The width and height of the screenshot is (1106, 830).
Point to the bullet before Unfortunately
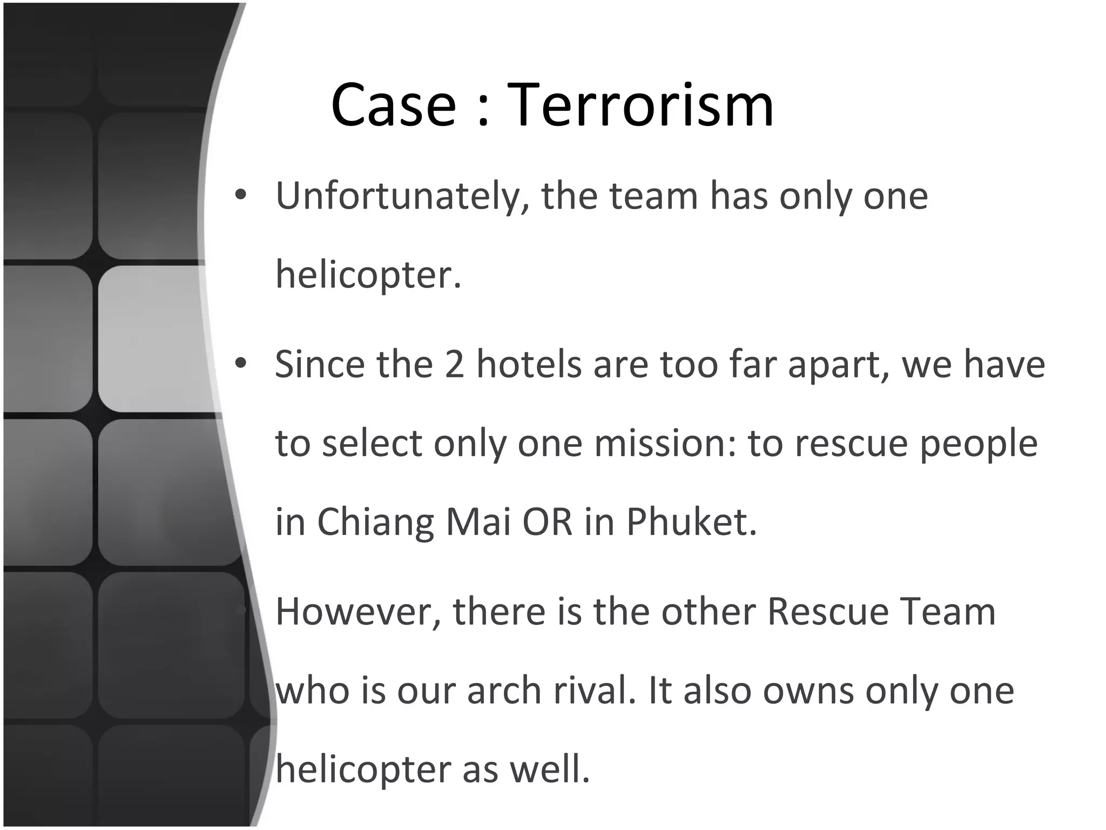(241, 195)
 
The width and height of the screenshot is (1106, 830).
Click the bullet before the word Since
(241, 363)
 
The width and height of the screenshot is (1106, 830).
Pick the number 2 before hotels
(454, 364)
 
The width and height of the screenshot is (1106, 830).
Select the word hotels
(529, 364)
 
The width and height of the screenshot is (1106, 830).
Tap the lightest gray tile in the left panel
(154, 339)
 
